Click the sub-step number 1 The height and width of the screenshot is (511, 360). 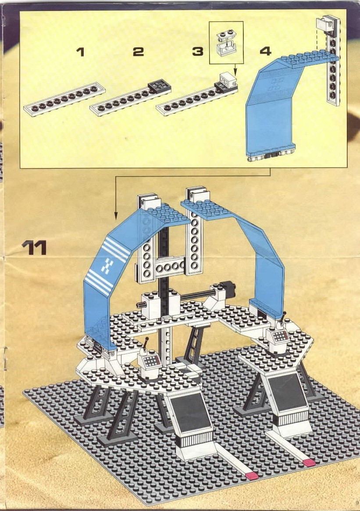pyautogui.click(x=81, y=52)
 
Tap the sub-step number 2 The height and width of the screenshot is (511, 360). pyautogui.click(x=138, y=52)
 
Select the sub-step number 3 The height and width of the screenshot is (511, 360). pyautogui.click(x=198, y=51)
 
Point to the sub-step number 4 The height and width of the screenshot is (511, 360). pyautogui.click(x=266, y=51)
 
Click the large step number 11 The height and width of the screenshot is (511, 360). pyautogui.click(x=34, y=248)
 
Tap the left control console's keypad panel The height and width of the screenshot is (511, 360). pyautogui.click(x=151, y=360)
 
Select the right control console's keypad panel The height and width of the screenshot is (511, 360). pyautogui.click(x=281, y=336)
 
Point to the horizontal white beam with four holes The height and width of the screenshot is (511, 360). pyautogui.click(x=168, y=267)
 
